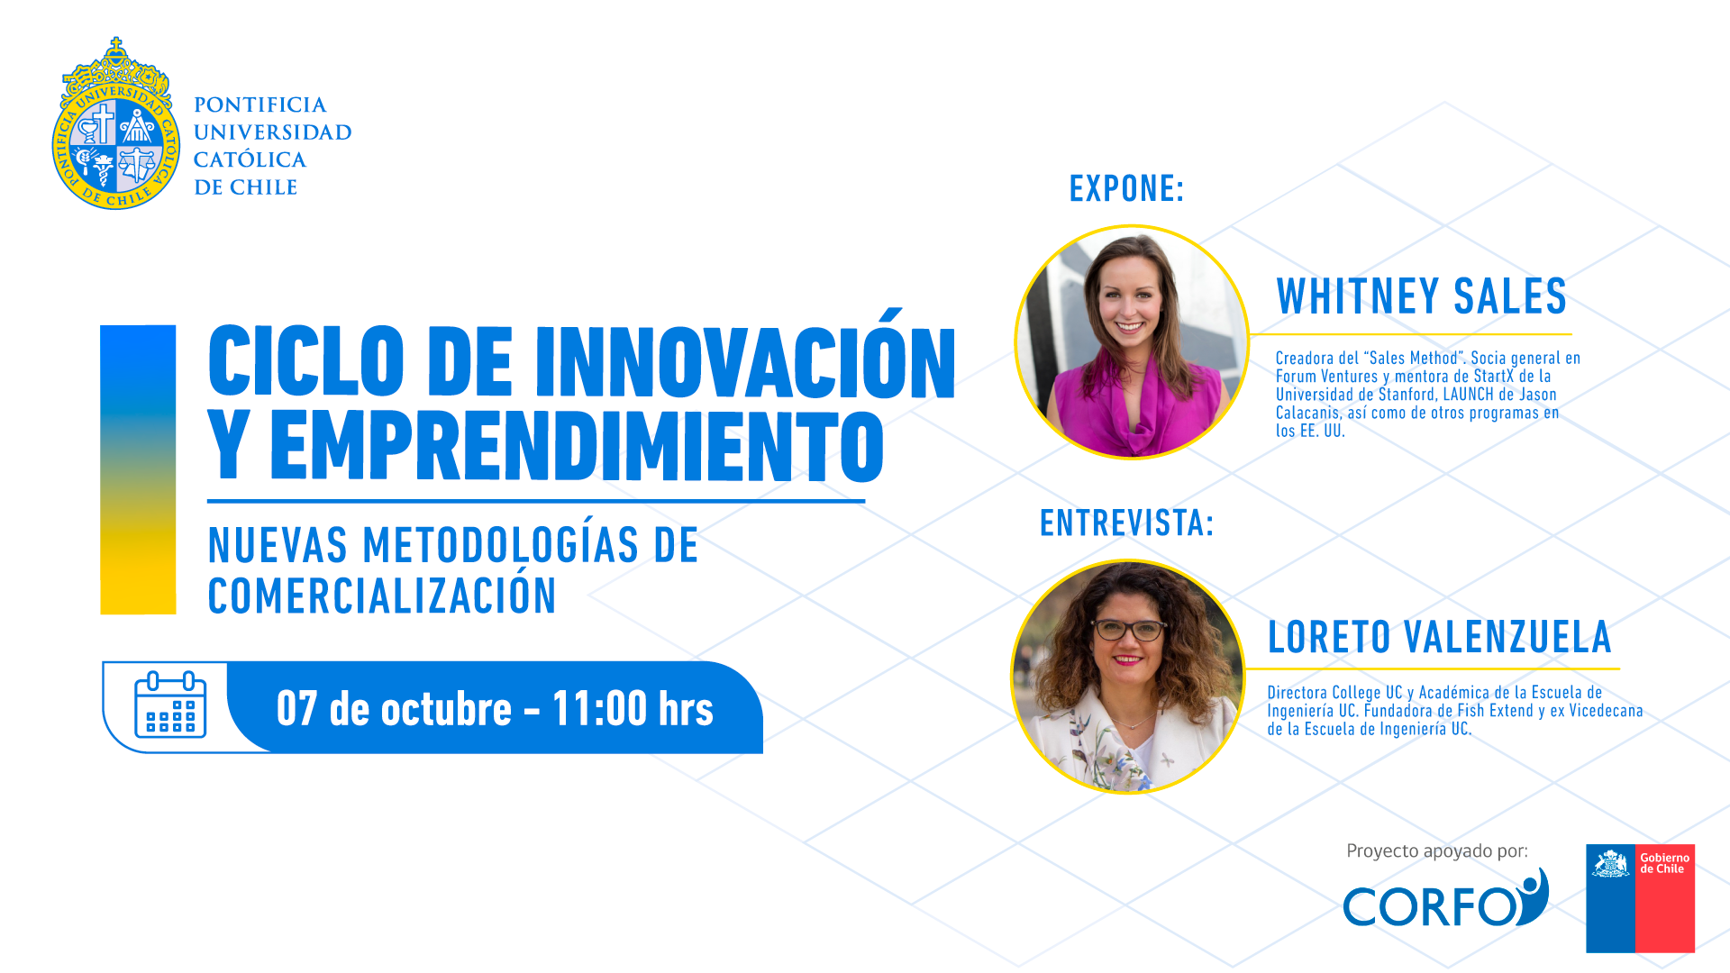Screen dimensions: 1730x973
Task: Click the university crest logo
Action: pos(115,124)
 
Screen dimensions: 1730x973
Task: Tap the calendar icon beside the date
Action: pos(170,705)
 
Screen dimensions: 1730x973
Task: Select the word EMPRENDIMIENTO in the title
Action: pos(577,447)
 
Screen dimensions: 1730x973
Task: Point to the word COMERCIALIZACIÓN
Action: pos(382,596)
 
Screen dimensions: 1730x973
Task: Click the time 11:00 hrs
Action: pos(633,708)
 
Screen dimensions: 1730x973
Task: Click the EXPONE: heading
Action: pos(1126,188)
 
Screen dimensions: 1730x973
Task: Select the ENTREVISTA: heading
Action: pos(1126,523)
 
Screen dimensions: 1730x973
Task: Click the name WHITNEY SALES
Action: pos(1422,296)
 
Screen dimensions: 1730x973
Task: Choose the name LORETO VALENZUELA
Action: pos(1439,637)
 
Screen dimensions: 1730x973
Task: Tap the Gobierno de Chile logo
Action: pos(1640,898)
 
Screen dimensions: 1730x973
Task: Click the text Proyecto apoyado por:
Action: pos(1437,850)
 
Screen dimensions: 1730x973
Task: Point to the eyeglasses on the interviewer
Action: pos(1129,630)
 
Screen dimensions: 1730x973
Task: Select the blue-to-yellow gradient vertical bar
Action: pos(138,469)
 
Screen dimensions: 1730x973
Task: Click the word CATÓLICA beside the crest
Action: pos(250,159)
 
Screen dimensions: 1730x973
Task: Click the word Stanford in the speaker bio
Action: pos(1407,395)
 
